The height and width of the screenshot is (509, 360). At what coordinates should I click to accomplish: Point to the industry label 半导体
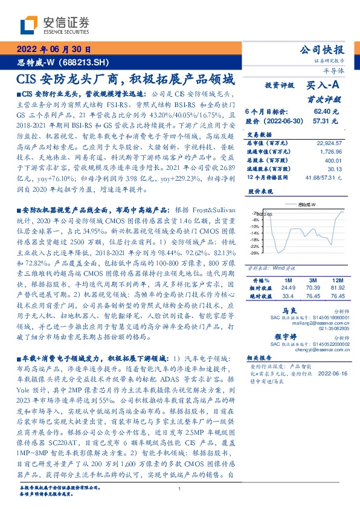333,71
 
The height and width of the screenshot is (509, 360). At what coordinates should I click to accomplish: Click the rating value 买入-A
323,86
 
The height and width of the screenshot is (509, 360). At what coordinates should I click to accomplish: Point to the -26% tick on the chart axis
256,253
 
